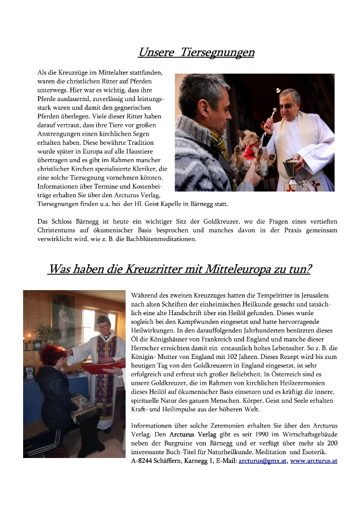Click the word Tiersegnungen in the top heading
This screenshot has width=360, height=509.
(218, 52)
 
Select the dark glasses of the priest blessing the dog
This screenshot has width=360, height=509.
(287, 104)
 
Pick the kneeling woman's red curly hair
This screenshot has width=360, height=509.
(51, 355)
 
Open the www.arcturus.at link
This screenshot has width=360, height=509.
(313, 461)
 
